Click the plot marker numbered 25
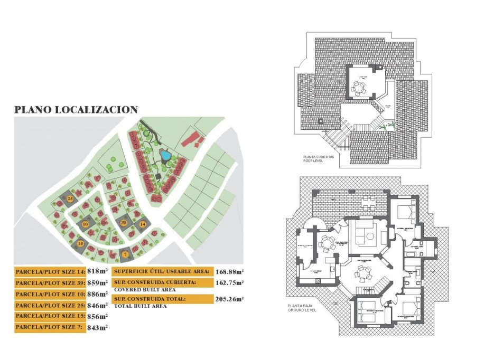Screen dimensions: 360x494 click(x=71, y=198)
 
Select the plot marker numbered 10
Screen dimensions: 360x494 click(x=85, y=224)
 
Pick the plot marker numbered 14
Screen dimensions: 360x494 click(x=142, y=224)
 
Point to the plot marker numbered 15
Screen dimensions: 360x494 click(x=80, y=243)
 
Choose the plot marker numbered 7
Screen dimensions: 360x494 click(x=125, y=254)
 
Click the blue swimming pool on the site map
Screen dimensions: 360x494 click(x=165, y=156)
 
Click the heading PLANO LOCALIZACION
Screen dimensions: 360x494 click(x=76, y=110)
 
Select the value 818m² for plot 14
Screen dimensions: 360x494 click(x=97, y=271)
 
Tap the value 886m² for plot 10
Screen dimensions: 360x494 click(x=97, y=294)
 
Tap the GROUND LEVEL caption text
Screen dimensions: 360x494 click(x=303, y=310)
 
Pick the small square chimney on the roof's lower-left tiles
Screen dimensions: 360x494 click(x=320, y=121)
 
